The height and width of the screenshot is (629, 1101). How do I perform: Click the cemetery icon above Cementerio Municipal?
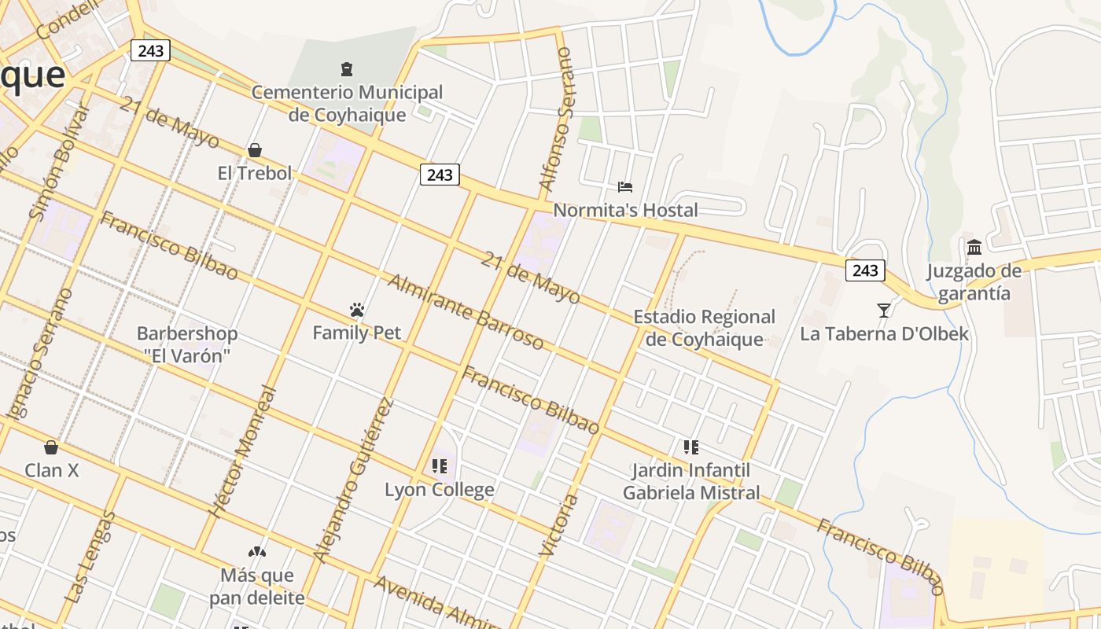click(347, 69)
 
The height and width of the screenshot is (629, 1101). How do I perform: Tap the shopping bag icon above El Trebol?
click(255, 149)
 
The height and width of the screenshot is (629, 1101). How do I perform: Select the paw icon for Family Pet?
click(357, 310)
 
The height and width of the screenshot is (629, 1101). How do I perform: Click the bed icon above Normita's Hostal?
click(625, 187)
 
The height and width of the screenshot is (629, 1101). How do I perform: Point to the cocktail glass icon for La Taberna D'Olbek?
click(884, 311)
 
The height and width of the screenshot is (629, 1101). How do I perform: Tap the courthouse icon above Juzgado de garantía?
click(974, 248)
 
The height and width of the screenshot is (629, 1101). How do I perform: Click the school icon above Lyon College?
click(440, 466)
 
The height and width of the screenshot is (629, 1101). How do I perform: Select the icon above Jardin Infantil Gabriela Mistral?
click(691, 447)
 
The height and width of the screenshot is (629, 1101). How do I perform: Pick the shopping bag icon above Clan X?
click(51, 447)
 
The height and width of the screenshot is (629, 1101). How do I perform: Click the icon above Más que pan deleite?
click(257, 552)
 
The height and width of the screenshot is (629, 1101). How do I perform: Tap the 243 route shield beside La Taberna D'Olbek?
click(865, 270)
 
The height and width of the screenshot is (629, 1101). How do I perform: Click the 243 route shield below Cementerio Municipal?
click(440, 175)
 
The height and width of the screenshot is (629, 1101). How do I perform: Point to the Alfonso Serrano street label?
click(556, 119)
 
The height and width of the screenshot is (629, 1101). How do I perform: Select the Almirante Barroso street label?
click(466, 312)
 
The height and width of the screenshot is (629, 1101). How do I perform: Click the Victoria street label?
click(559, 525)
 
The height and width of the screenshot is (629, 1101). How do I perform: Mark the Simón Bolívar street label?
click(59, 163)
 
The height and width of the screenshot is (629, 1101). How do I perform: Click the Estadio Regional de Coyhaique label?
click(705, 328)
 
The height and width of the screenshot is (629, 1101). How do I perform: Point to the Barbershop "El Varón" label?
click(187, 344)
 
